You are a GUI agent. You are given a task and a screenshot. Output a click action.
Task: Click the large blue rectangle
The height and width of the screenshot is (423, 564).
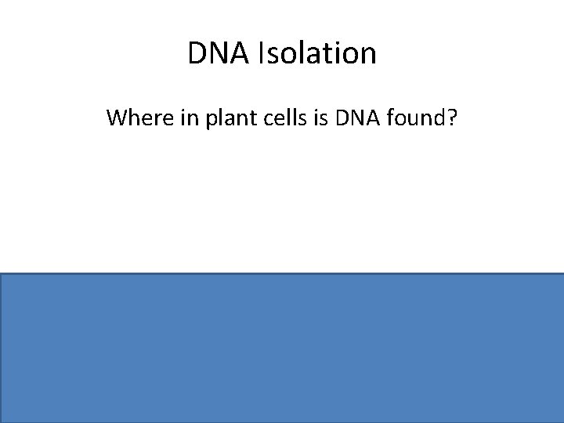[x=282, y=348]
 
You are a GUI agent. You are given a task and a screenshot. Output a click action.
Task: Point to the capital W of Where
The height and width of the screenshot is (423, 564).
[x=117, y=118]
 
